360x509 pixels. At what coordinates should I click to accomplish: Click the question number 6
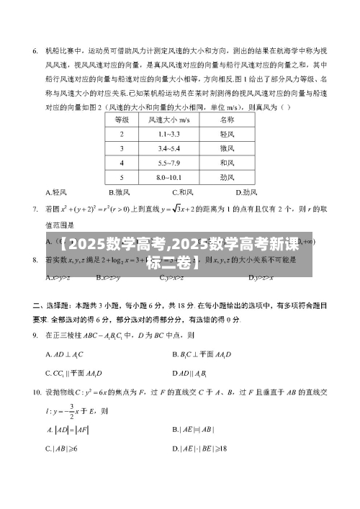[x=35, y=51]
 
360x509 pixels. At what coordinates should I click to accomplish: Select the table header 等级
[x=122, y=119]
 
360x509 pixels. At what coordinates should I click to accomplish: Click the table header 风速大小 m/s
[x=168, y=119]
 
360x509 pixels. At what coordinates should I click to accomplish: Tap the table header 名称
[x=227, y=119]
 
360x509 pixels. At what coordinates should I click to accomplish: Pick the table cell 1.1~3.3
[x=168, y=133]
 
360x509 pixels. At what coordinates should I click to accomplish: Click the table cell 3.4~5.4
[x=168, y=148]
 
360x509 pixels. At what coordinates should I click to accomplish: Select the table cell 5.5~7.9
[x=168, y=162]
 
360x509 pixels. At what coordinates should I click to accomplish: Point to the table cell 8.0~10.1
[x=168, y=176]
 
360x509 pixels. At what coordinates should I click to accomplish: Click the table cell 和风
[x=227, y=162]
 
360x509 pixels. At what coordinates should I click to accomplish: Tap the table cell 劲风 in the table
[x=227, y=176]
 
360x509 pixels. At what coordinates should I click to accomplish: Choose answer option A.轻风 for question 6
[x=56, y=192]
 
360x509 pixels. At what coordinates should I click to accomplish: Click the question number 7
[x=35, y=210]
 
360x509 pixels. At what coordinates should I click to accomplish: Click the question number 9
[x=35, y=335]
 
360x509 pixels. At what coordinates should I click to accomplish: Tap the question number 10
[x=37, y=392]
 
